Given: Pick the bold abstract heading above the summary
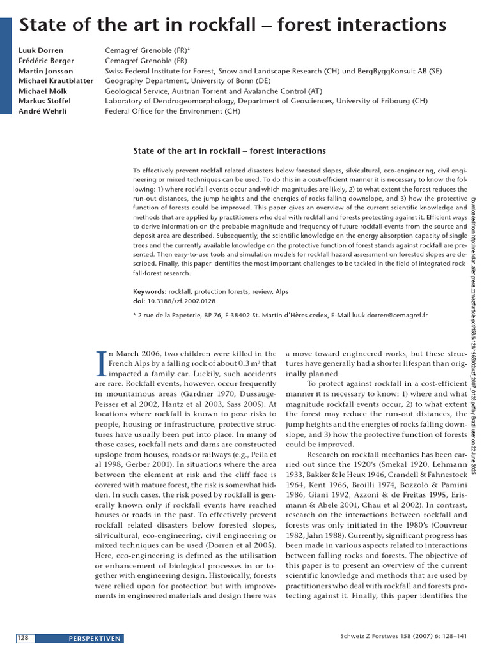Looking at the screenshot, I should point(229,151).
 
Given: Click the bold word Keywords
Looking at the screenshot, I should point(149,291).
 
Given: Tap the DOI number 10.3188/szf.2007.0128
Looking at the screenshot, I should point(182,300).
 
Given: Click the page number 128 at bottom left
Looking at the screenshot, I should point(22,638).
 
